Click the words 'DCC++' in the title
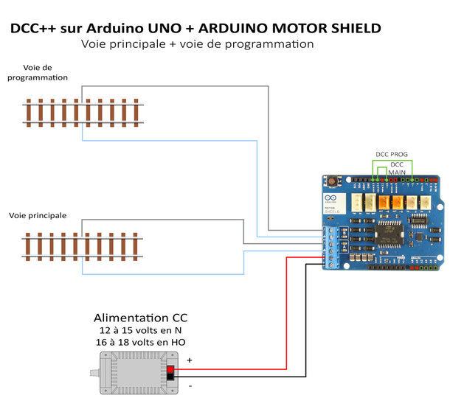coord(34,28)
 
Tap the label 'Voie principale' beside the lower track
coord(38,216)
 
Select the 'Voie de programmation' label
coord(38,72)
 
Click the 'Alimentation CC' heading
coord(140,318)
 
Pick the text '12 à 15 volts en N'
coord(140,331)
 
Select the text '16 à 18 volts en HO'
coord(140,343)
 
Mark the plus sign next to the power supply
coord(190,360)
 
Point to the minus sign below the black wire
coord(190,385)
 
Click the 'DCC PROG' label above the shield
coord(391,155)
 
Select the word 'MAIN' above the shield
coord(397,172)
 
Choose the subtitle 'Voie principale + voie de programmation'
coord(198,44)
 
